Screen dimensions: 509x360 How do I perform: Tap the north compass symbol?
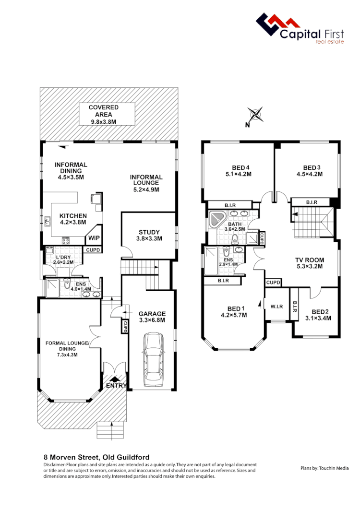click(x=256, y=115)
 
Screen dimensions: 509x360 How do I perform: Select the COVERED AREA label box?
click(x=103, y=114)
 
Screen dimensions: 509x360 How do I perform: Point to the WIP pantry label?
click(x=93, y=238)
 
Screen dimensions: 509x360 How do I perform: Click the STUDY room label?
click(x=149, y=232)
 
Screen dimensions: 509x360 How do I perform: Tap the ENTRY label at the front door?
click(x=116, y=385)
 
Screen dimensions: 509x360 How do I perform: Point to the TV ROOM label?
click(x=309, y=260)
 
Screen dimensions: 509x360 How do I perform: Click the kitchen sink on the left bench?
click(x=48, y=222)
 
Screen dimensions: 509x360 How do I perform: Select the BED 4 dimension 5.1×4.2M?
click(x=238, y=174)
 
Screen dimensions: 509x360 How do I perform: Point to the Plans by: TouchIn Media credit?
click(x=324, y=468)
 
